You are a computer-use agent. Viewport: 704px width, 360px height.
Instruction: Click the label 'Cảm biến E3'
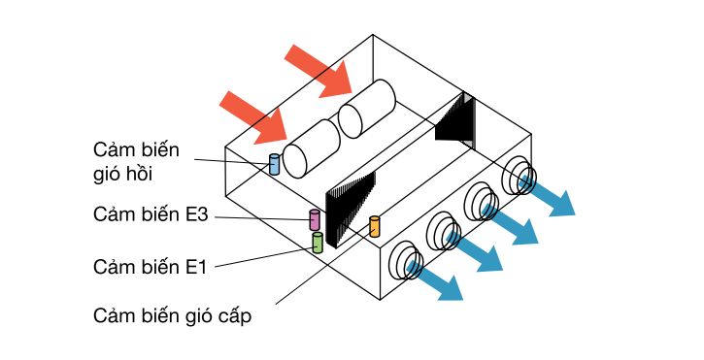(x=151, y=214)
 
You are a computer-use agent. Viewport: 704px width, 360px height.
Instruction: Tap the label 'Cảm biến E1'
(x=151, y=265)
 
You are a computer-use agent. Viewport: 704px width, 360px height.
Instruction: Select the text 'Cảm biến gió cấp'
(x=173, y=315)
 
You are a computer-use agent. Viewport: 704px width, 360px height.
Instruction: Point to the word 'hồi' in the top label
(x=144, y=174)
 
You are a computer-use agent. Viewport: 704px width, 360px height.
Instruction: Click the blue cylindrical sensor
(x=274, y=164)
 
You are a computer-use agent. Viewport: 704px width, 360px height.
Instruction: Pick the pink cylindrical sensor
(x=314, y=219)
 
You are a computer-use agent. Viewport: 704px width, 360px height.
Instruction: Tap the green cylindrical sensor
(x=317, y=243)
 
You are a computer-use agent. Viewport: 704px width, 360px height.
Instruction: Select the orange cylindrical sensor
(x=374, y=227)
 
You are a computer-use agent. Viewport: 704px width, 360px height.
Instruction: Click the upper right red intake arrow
(x=325, y=74)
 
